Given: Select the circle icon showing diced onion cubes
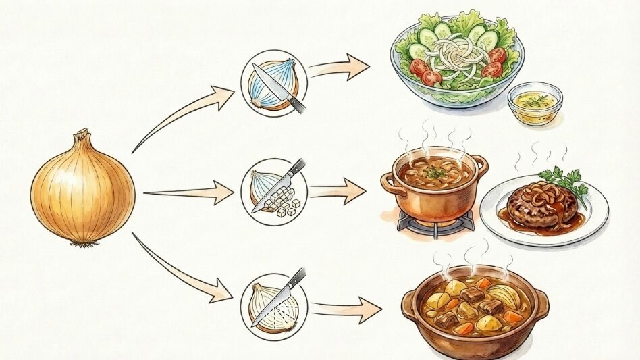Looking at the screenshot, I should click(x=274, y=191).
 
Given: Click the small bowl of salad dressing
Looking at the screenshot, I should click(x=535, y=103).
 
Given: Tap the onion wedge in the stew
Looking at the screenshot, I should click(x=504, y=297).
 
